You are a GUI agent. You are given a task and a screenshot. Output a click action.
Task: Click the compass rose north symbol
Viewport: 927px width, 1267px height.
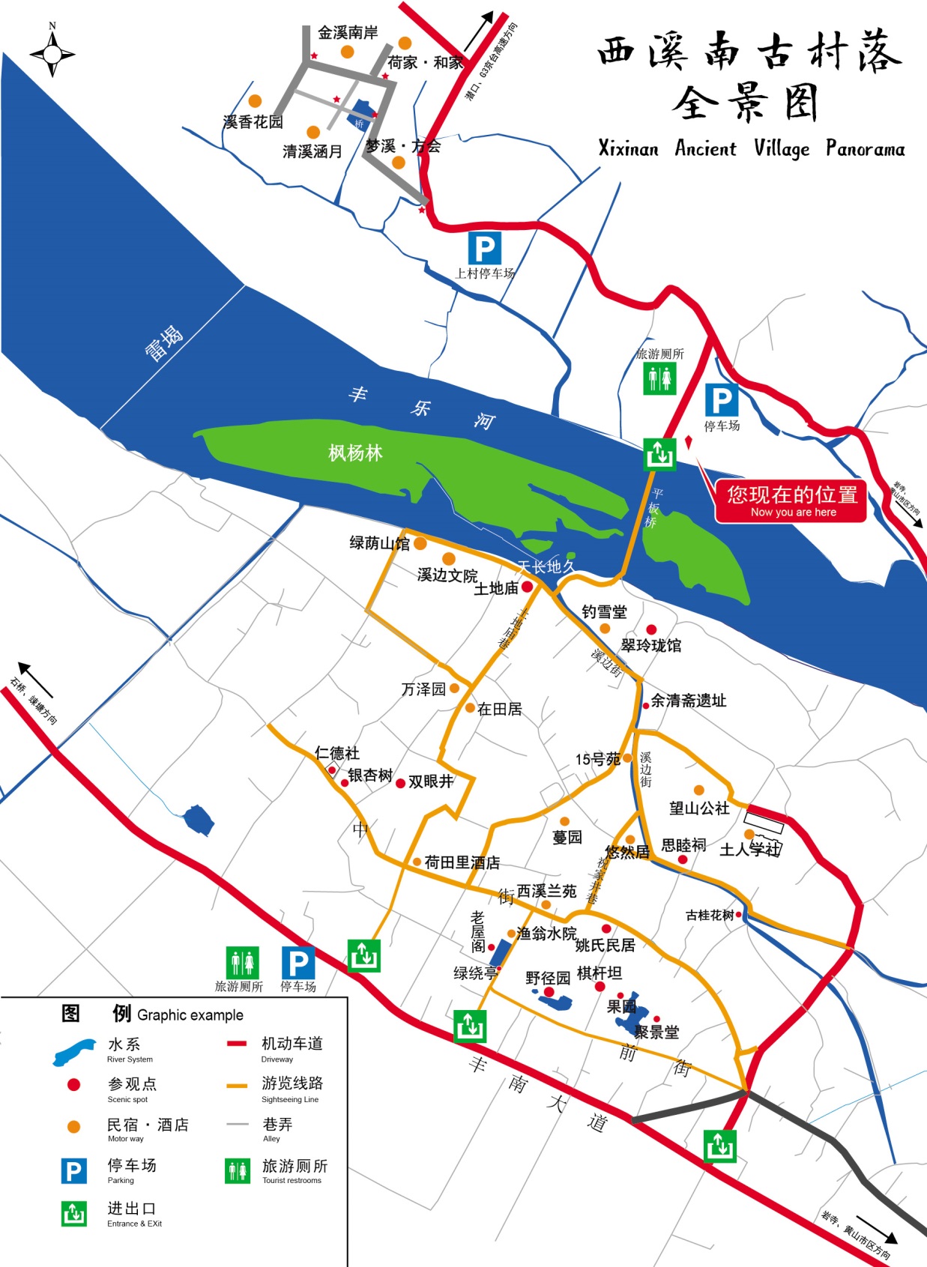pyautogui.click(x=52, y=54)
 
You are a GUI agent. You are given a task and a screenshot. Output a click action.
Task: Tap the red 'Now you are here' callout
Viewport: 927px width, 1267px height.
pyautogui.click(x=791, y=501)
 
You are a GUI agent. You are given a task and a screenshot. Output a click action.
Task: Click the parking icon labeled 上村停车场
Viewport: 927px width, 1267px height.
pyautogui.click(x=485, y=248)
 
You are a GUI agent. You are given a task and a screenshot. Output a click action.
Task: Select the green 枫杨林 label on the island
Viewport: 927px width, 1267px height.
pyautogui.click(x=355, y=453)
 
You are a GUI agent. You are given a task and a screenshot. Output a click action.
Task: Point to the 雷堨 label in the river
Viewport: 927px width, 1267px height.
pyautogui.click(x=163, y=344)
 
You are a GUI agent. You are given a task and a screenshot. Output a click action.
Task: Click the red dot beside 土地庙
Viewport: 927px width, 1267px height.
pyautogui.click(x=527, y=587)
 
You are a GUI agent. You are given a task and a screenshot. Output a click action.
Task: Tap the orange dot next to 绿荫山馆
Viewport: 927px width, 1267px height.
pyautogui.click(x=420, y=543)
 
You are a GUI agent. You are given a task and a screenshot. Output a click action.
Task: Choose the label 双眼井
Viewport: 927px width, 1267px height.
pyautogui.click(x=431, y=781)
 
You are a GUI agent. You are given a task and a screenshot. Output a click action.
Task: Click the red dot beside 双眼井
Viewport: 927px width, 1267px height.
pyautogui.click(x=401, y=783)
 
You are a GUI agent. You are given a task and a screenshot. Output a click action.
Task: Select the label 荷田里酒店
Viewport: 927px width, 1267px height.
pyautogui.click(x=462, y=862)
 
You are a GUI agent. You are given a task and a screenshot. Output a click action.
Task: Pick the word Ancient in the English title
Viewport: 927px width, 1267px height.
pyautogui.click(x=705, y=148)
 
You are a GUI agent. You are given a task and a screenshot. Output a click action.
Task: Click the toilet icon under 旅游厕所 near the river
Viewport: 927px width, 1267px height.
pyautogui.click(x=659, y=379)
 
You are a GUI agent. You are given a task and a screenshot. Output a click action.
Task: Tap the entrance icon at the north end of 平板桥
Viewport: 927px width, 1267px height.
pyautogui.click(x=659, y=454)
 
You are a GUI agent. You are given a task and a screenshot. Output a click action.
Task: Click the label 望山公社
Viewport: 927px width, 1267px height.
pyautogui.click(x=699, y=808)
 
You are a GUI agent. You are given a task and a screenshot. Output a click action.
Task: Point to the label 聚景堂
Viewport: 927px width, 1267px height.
pyautogui.click(x=656, y=1032)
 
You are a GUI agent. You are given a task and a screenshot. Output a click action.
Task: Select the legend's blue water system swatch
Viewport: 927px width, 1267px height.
pyautogui.click(x=74, y=1051)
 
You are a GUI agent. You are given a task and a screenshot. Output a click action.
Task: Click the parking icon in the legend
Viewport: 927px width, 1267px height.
pyautogui.click(x=73, y=1170)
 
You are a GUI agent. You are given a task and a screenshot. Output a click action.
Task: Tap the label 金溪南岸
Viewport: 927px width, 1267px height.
pyautogui.click(x=348, y=32)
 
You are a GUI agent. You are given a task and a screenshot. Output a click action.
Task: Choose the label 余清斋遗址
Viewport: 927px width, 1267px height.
pyautogui.click(x=688, y=701)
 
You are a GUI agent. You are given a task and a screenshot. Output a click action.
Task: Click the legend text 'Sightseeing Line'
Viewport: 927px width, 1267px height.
pyautogui.click(x=290, y=1100)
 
